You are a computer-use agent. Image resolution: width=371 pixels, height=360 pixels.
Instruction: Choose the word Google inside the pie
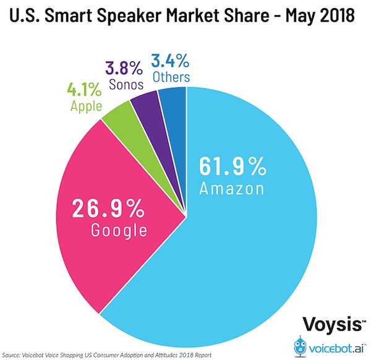click(x=118, y=230)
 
